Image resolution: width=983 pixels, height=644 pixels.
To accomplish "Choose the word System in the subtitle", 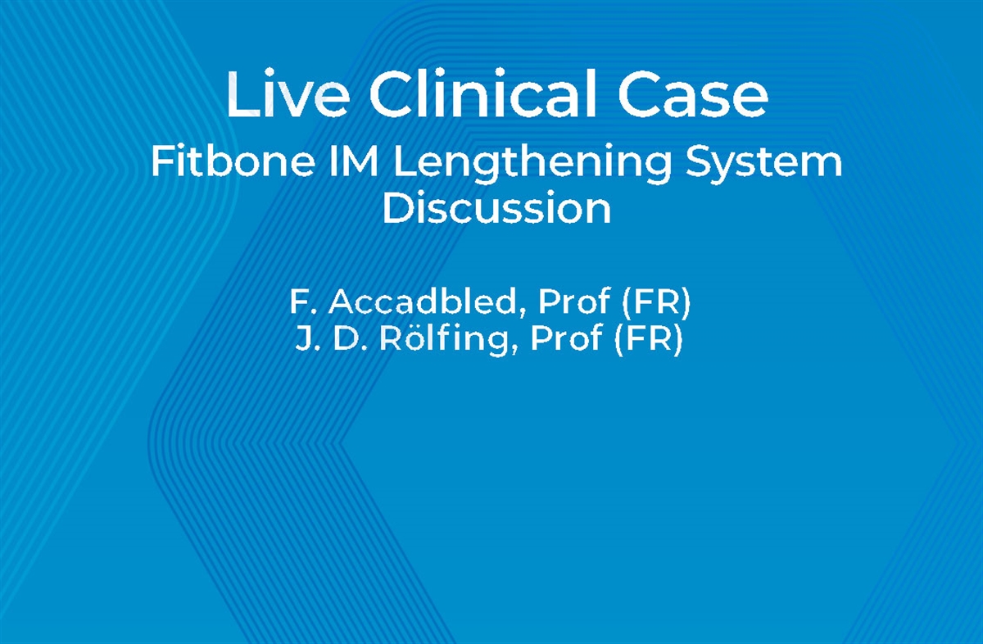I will (764, 164).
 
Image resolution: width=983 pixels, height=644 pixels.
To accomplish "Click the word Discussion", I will (496, 208).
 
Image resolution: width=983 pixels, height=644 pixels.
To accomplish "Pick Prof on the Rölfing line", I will (565, 338).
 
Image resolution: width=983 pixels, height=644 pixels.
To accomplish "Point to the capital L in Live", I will (238, 95).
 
